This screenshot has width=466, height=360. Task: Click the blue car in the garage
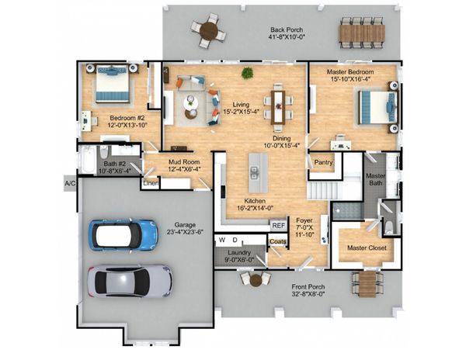click(x=123, y=234)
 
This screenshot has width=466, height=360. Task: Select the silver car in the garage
click(x=130, y=282)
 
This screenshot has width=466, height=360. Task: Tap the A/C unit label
click(x=70, y=183)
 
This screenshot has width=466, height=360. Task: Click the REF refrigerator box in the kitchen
click(x=279, y=226)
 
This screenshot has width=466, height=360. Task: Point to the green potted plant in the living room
click(x=247, y=73)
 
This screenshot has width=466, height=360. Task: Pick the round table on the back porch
click(x=208, y=30)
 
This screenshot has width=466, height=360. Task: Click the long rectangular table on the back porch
click(x=362, y=33)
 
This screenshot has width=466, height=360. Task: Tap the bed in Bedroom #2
click(x=112, y=83)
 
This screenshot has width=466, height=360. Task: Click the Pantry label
click(x=323, y=162)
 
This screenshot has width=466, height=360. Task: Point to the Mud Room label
click(x=184, y=162)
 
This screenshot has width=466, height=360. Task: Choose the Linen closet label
click(x=151, y=183)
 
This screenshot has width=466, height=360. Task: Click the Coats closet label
click(x=278, y=242)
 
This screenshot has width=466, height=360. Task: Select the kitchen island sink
click(x=254, y=173)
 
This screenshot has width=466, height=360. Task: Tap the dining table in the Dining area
click(x=279, y=107)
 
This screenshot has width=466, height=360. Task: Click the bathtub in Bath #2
click(x=89, y=159)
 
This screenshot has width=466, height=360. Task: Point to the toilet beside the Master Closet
click(x=389, y=227)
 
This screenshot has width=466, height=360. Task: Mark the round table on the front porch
click(x=256, y=280)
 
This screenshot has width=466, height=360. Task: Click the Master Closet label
click(x=367, y=247)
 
